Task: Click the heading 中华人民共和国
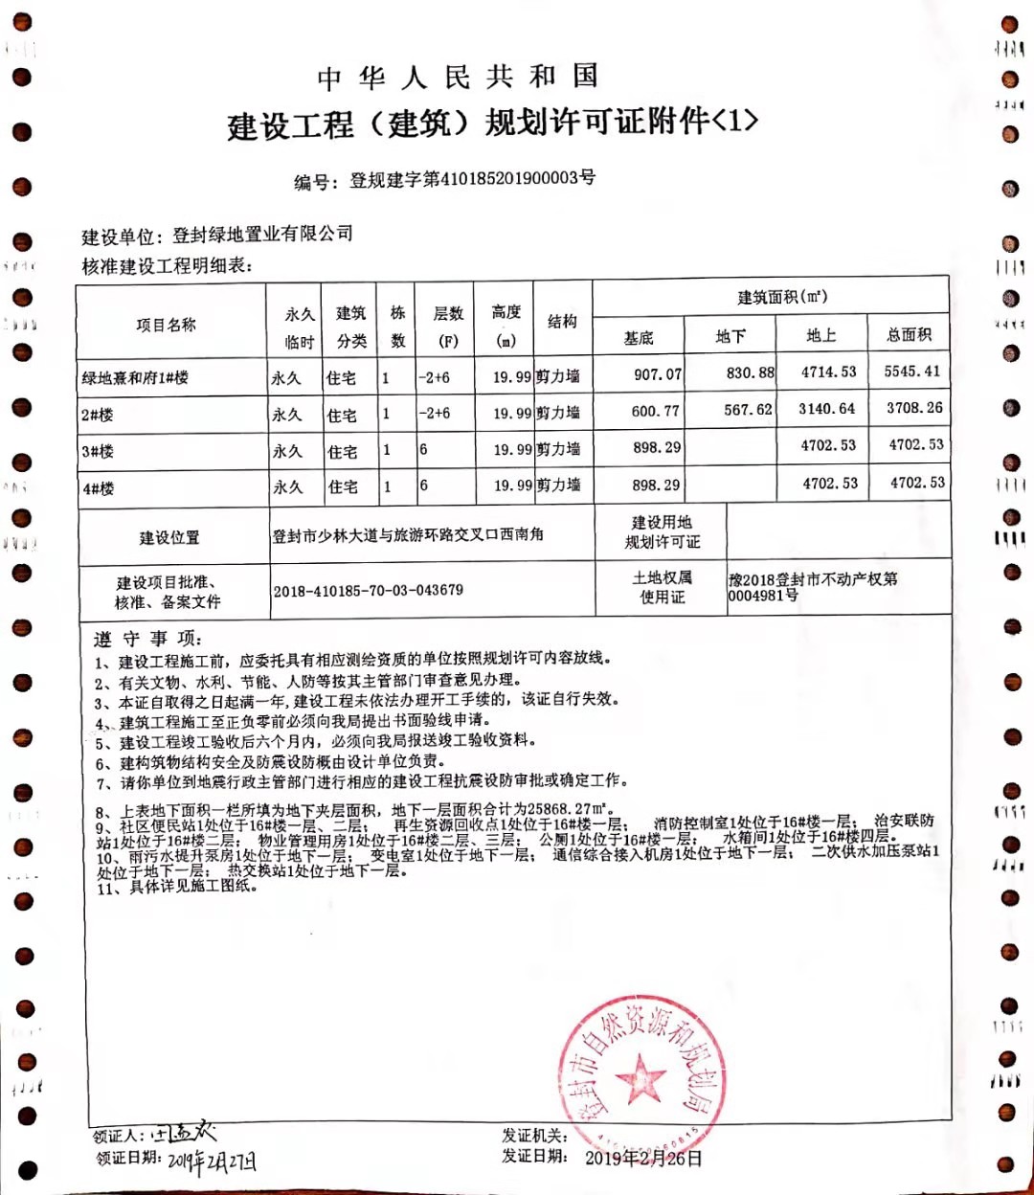tap(458, 78)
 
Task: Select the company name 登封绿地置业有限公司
tap(263, 234)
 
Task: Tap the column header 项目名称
tap(166, 326)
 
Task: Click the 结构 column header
tap(562, 322)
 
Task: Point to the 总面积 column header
tap(909, 334)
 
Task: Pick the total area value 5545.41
tap(912, 372)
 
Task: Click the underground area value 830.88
tap(750, 372)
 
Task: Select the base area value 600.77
tap(656, 411)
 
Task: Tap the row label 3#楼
tap(98, 451)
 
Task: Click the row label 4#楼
tap(98, 488)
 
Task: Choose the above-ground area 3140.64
tap(827, 409)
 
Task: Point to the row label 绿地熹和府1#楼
tap(135, 378)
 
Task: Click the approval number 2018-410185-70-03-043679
tap(368, 591)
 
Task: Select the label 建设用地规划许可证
tap(662, 532)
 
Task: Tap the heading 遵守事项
tap(147, 639)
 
